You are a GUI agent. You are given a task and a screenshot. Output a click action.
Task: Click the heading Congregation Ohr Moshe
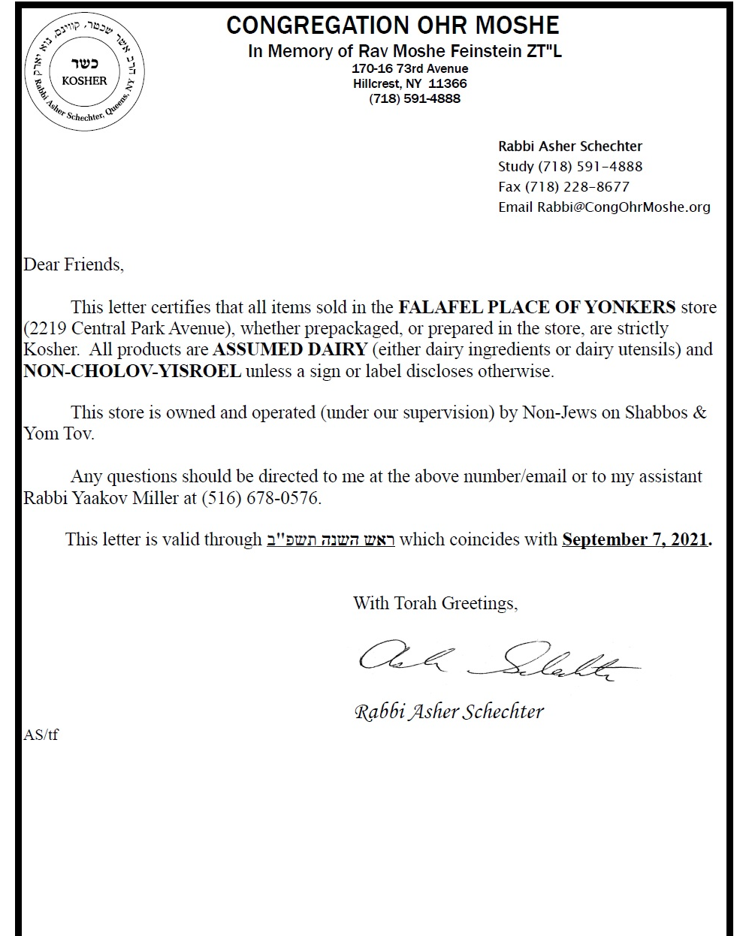392,26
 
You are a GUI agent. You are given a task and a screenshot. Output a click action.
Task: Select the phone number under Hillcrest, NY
415,98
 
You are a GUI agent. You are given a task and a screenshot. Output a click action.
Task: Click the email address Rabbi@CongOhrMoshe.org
623,207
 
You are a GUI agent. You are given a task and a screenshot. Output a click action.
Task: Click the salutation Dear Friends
74,264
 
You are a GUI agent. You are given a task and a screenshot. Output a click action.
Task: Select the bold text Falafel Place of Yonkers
536,307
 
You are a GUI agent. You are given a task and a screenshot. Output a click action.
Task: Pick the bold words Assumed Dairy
290,349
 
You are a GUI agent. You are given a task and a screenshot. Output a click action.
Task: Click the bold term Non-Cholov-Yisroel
132,371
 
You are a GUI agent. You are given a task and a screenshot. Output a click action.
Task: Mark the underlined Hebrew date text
331,539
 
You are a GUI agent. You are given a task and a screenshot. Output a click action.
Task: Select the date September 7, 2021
636,539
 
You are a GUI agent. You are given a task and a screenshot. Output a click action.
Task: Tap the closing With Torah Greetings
435,602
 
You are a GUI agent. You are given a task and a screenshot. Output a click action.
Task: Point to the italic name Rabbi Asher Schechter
448,711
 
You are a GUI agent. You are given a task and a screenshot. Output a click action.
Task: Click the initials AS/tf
41,735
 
